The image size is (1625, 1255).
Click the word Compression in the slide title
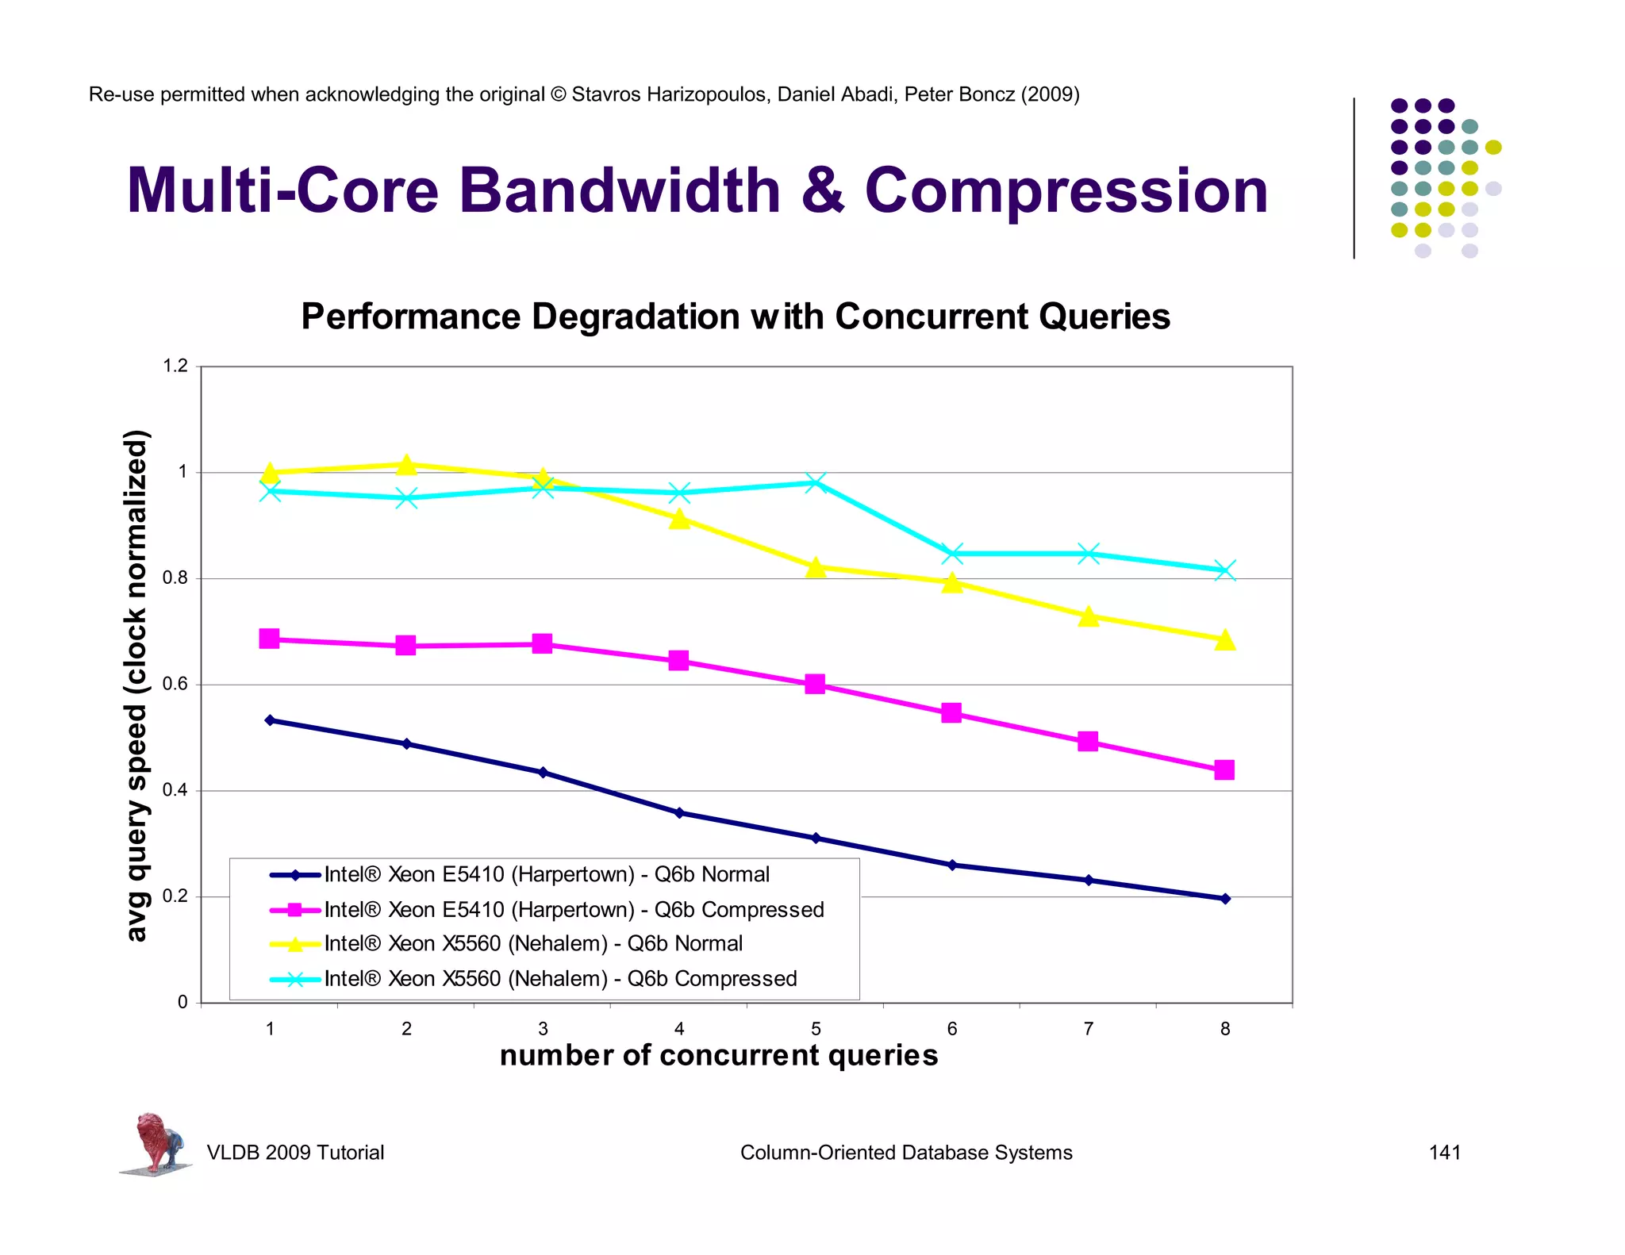coord(1066,191)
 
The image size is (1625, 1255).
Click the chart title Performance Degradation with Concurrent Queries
coord(735,317)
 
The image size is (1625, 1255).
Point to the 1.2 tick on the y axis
coord(175,367)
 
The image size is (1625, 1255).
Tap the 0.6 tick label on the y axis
coord(175,684)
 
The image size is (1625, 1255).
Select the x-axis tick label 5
coord(816,1029)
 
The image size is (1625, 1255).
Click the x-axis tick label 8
coord(1225,1029)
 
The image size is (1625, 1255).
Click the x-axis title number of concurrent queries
coord(719,1055)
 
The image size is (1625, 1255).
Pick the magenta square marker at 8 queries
coord(1224,770)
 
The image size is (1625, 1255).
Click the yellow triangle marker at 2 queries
coord(406,465)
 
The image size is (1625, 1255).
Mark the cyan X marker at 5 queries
coord(816,482)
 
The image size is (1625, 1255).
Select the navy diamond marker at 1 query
coord(270,720)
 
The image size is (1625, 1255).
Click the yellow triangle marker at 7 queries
coord(1089,616)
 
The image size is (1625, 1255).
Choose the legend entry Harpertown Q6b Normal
coord(547,874)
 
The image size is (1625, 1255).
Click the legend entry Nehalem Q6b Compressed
coord(560,979)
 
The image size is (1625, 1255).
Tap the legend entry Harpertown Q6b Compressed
coord(574,909)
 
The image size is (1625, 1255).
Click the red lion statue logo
coord(157,1142)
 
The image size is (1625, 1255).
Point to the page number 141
coord(1444,1153)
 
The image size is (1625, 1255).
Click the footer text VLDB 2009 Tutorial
coord(295,1153)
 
